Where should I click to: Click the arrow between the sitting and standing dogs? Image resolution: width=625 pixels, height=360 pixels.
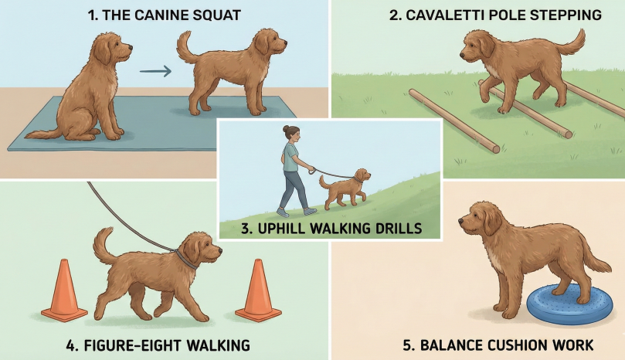[155, 71]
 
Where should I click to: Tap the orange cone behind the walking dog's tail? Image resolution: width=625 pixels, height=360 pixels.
[64, 290]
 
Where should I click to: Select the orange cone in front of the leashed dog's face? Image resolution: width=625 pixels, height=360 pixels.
[258, 290]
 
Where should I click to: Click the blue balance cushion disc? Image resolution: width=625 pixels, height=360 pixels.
[570, 304]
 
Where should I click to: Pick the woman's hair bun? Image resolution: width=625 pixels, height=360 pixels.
[286, 128]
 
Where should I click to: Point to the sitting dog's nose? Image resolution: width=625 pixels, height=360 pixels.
[131, 48]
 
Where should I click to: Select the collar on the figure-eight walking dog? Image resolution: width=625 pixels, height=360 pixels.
[186, 259]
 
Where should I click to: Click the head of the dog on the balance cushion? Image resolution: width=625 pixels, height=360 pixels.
[479, 219]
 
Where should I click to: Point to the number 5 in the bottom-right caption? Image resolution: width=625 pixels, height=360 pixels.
[407, 345]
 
